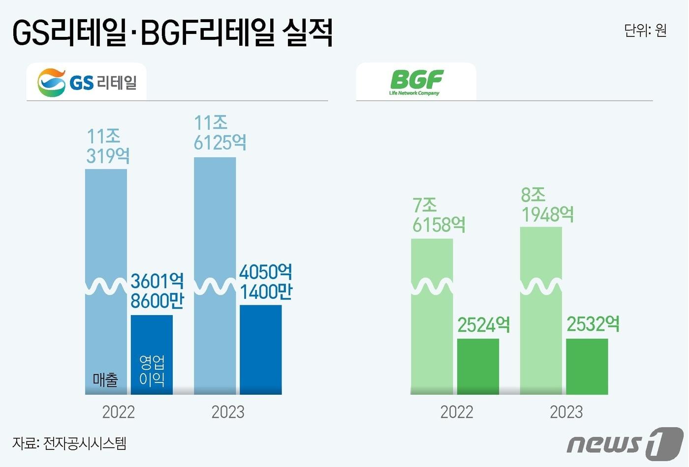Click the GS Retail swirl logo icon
(x=51, y=83)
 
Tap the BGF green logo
(x=416, y=82)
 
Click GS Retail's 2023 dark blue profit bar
(x=260, y=350)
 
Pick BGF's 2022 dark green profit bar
(x=478, y=366)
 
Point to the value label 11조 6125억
(x=219, y=133)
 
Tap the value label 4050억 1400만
(x=266, y=282)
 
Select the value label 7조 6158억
(x=438, y=215)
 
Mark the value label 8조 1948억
(x=547, y=205)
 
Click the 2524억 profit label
(x=484, y=325)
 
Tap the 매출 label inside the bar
(x=105, y=379)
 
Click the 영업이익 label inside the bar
(x=152, y=370)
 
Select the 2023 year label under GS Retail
(x=228, y=412)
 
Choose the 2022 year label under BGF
(x=457, y=412)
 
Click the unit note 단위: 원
(x=645, y=30)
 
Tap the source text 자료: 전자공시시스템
(x=69, y=443)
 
